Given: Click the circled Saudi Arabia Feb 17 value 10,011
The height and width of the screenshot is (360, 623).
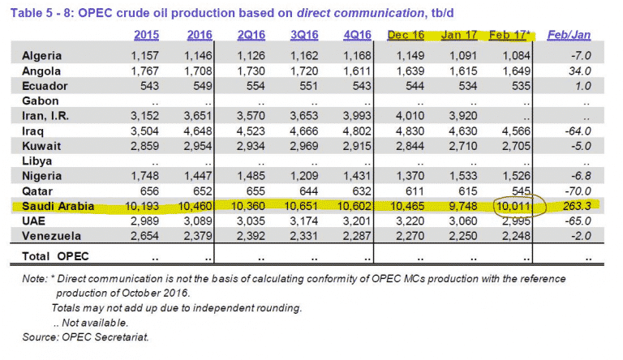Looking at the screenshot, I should click(x=511, y=207).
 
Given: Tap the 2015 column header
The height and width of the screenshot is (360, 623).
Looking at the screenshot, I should click(x=146, y=35).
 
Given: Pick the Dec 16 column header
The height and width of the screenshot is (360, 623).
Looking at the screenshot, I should click(x=406, y=35).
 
